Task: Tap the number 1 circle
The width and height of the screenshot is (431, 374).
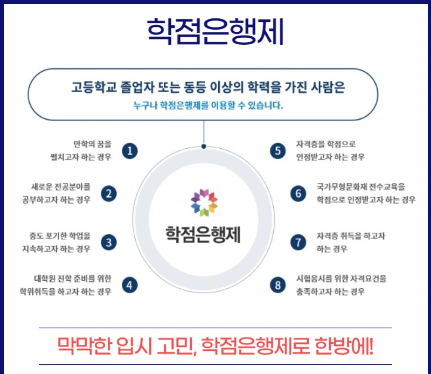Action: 129,151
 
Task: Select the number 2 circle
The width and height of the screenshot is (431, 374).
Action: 109,193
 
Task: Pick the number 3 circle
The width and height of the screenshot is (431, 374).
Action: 109,242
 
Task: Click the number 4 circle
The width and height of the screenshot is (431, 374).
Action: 129,285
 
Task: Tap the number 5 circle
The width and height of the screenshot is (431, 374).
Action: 277,151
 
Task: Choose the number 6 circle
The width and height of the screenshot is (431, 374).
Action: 298,193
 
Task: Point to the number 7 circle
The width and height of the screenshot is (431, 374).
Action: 298,242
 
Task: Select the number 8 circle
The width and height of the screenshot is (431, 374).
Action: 277,285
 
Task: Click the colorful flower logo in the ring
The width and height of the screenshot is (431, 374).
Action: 204,202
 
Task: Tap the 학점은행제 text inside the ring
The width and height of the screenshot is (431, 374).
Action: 203,234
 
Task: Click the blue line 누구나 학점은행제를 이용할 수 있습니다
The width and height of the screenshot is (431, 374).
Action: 208,106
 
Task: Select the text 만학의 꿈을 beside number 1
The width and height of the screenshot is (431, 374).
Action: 92,144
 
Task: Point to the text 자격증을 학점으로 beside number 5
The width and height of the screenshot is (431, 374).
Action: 325,144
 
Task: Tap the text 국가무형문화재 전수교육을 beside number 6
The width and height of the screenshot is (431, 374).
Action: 360,188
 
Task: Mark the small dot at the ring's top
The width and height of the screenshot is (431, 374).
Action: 204,146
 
